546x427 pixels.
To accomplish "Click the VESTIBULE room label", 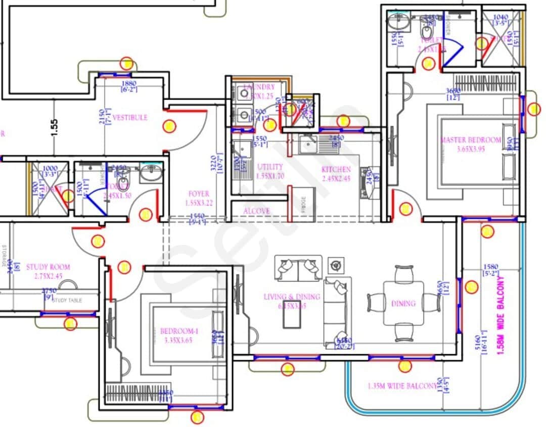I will tap(130, 117).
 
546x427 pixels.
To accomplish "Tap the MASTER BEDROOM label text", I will tap(470, 140).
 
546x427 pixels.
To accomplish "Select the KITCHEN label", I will tap(336, 170).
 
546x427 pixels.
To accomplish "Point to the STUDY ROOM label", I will tap(48, 267).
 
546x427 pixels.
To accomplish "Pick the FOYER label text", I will tap(199, 194).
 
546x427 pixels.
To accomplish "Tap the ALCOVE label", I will tap(257, 211).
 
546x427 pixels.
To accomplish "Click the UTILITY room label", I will tap(270, 167).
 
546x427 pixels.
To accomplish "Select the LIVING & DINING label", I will tap(292, 297).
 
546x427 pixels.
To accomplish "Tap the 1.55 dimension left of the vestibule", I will tap(55, 127).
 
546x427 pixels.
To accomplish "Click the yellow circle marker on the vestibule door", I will tap(169, 126).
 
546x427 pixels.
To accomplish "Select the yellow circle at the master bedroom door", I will tap(405, 208).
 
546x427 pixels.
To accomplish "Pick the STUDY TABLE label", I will tap(67, 300).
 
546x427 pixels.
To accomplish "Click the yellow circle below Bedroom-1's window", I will tap(197, 417).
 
